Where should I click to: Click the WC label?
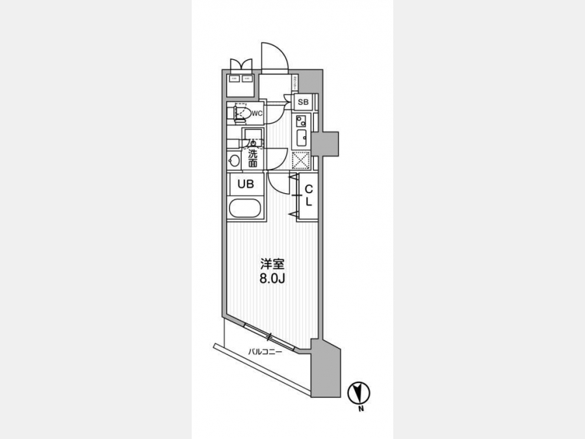coord(257,114)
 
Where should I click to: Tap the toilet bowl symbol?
coord(241,114)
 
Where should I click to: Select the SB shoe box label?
coord(303,102)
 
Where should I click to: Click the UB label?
coord(245,184)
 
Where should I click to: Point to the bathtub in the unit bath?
coord(246,210)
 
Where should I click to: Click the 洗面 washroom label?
coord(253,159)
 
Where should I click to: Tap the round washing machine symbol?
coord(233,160)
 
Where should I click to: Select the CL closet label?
coord(309,195)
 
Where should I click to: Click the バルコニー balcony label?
coord(264,352)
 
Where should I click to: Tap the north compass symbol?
coord(359,393)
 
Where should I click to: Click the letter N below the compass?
coord(359,409)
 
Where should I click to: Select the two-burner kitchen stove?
coord(301,120)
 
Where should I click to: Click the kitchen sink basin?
coord(301,137)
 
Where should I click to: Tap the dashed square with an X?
coord(300,160)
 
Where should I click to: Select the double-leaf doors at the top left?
coord(240,65)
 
